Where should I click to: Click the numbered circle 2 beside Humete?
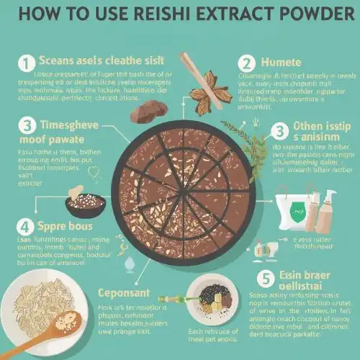tap(248, 64)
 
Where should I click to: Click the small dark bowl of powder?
tap(85, 203)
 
